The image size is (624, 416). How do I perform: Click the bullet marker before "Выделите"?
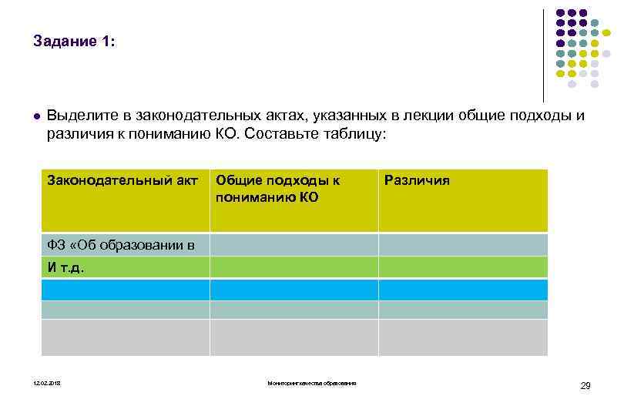(x=36, y=117)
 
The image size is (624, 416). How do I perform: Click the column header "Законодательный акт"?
(x=123, y=181)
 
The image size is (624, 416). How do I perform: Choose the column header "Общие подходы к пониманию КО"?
(x=278, y=189)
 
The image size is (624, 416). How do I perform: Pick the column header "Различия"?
(x=416, y=181)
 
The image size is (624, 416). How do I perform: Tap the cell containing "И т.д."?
(x=66, y=268)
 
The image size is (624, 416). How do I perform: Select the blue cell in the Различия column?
(x=463, y=290)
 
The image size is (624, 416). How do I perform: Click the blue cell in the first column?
(x=125, y=290)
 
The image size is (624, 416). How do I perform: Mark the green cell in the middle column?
(x=294, y=267)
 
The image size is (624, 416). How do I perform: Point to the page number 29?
(x=585, y=385)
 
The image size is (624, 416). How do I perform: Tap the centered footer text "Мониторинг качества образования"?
(x=312, y=384)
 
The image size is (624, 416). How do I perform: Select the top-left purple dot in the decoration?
(x=559, y=13)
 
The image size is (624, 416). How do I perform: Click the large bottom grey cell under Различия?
(x=463, y=337)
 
